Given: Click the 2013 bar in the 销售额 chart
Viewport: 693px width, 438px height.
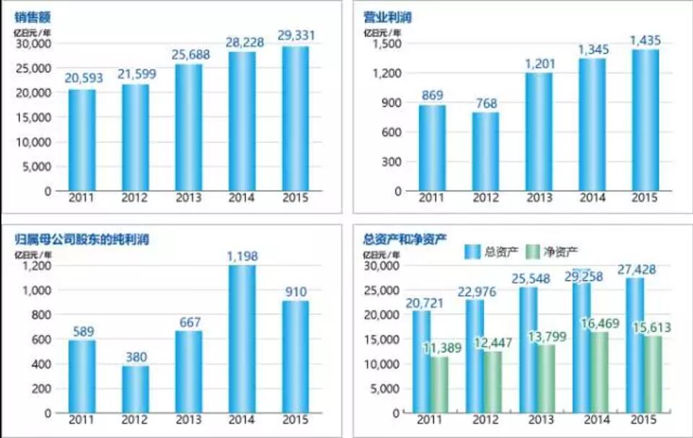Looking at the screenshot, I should click(x=188, y=128).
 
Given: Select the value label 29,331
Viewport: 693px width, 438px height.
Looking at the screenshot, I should click(x=295, y=35).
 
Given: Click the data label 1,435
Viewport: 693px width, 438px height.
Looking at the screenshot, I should click(x=645, y=39).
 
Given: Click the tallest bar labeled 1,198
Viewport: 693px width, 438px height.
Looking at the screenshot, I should click(x=242, y=339).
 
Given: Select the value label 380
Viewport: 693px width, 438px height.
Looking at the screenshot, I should click(x=135, y=356).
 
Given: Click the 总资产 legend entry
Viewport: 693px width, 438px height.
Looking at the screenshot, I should click(x=492, y=251).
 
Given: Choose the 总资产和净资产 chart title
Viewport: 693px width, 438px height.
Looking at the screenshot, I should click(x=405, y=239).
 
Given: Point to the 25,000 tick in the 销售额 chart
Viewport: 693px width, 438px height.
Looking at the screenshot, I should click(x=33, y=68).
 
